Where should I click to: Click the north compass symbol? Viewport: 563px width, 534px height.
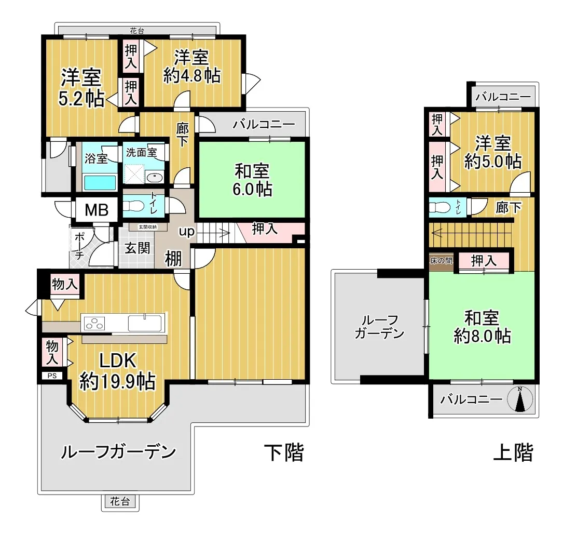click(519, 399)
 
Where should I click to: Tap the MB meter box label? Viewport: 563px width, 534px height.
click(97, 210)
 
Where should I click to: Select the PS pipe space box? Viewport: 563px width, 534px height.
click(52, 376)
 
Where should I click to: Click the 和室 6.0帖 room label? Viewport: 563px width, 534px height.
click(252, 180)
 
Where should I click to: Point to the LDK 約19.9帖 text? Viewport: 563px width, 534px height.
click(118, 371)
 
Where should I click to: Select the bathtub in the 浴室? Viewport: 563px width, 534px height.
click(100, 182)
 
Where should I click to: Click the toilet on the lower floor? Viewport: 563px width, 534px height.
click(134, 206)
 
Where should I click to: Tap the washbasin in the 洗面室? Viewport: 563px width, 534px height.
click(155, 177)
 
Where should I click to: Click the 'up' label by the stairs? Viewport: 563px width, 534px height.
click(187, 231)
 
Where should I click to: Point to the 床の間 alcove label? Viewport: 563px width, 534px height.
click(441, 261)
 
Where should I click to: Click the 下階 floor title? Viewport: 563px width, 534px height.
click(284, 452)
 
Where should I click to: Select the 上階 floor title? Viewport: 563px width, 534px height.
click(513, 452)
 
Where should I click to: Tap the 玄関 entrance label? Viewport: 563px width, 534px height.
click(137, 248)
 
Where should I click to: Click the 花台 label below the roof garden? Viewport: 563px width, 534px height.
click(120, 501)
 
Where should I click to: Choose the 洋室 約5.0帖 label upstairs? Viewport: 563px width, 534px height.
click(493, 152)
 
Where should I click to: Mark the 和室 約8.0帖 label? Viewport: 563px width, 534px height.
click(482, 327)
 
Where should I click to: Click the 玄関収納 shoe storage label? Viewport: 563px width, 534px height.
click(147, 227)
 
